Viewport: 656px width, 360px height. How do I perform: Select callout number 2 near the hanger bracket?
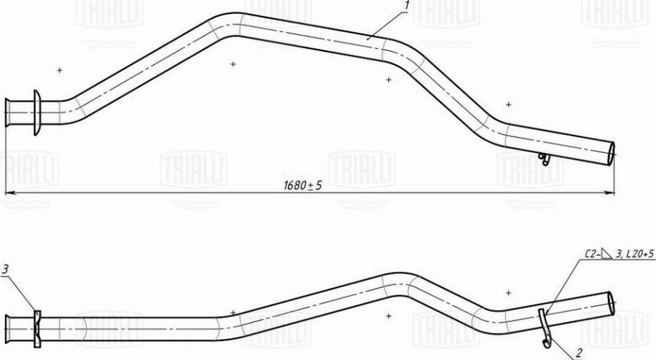pyautogui.click(x=579, y=353)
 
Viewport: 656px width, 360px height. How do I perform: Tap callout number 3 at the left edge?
pyautogui.click(x=5, y=270)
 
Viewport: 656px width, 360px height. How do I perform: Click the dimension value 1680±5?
pyautogui.click(x=302, y=186)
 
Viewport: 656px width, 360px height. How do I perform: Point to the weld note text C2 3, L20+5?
pyautogui.click(x=620, y=254)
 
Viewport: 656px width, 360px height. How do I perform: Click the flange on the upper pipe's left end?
pyautogui.click(x=35, y=113)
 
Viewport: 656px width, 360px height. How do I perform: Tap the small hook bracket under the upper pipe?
pyautogui.click(x=544, y=159)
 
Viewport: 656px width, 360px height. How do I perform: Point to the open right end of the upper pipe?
pyautogui.click(x=611, y=154)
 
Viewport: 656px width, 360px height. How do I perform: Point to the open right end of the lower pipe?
pyautogui.click(x=611, y=302)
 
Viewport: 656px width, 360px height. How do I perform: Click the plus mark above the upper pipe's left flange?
pyautogui.click(x=59, y=70)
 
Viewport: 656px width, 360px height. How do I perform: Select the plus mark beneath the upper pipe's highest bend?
pyautogui.click(x=233, y=64)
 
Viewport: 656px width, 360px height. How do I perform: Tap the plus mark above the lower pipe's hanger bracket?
pyautogui.click(x=508, y=292)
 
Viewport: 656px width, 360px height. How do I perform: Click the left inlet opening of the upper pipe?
pyautogui.click(x=7, y=114)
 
